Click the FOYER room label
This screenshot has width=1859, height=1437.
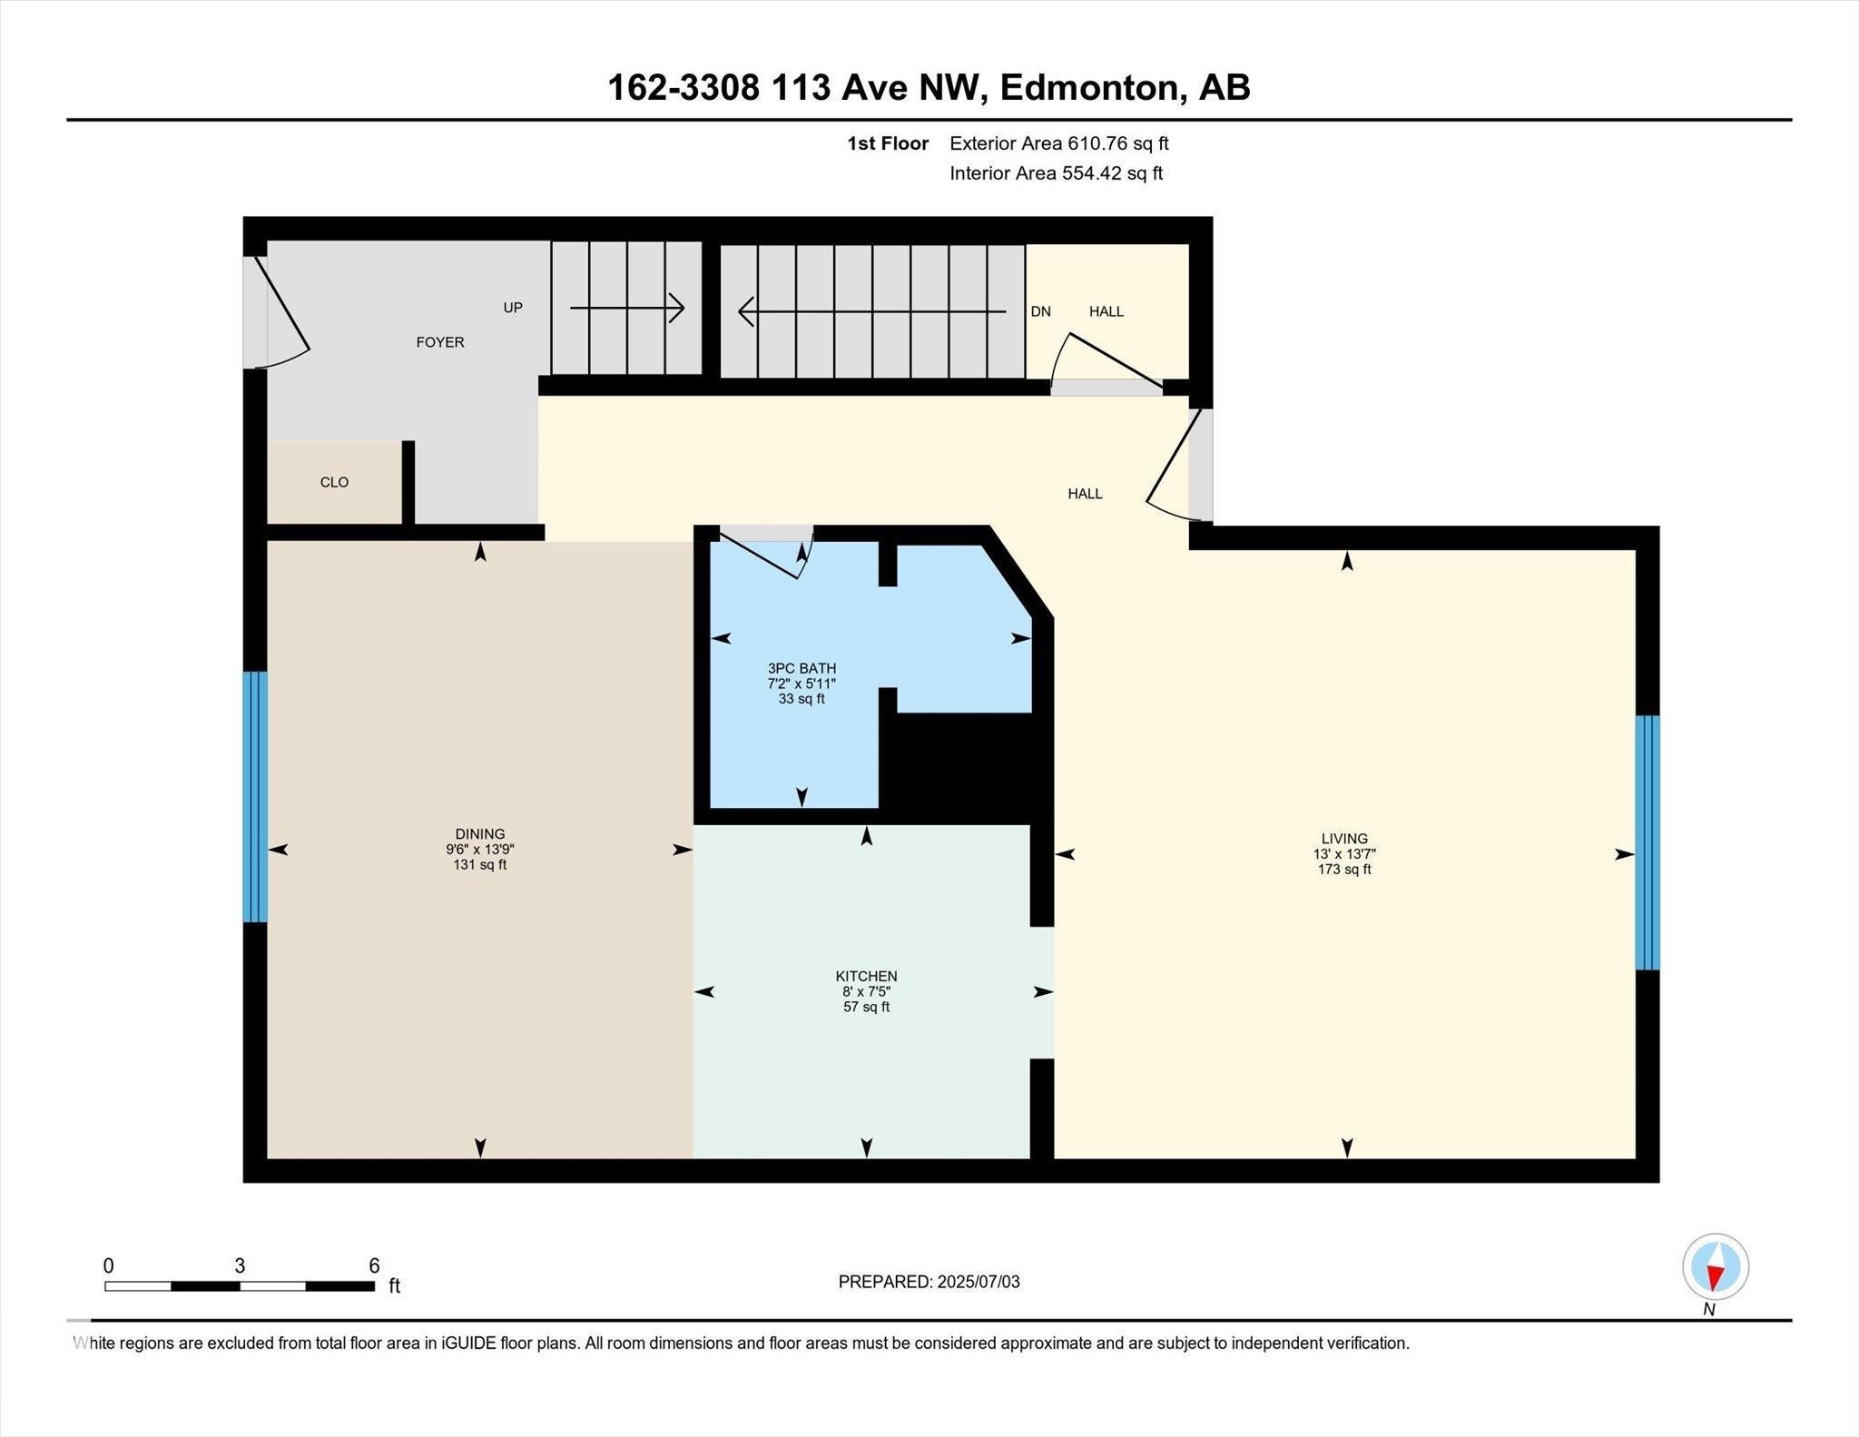[x=439, y=342]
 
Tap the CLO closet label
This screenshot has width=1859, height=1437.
[x=334, y=482]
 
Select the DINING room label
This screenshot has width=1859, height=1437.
[x=480, y=834]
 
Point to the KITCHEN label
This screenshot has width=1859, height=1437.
[x=866, y=976]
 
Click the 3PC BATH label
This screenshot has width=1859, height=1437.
[x=802, y=668]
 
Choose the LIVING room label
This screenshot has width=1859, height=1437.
[x=1344, y=839]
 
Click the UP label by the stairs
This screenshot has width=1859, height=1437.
[x=513, y=308]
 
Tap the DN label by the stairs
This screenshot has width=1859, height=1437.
[x=1040, y=311]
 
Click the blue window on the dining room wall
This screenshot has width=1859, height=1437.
[x=255, y=796]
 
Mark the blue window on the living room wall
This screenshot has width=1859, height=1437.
[x=1648, y=842]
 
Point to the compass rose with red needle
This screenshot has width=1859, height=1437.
[x=1715, y=1266]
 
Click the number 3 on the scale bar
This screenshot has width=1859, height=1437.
[x=240, y=1266]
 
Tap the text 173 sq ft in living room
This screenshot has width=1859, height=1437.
[x=1344, y=870]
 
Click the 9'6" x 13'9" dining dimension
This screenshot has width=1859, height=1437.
[x=480, y=850]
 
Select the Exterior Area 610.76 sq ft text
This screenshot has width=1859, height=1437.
[x=1058, y=143]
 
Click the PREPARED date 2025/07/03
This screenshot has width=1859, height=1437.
[x=929, y=1282]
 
